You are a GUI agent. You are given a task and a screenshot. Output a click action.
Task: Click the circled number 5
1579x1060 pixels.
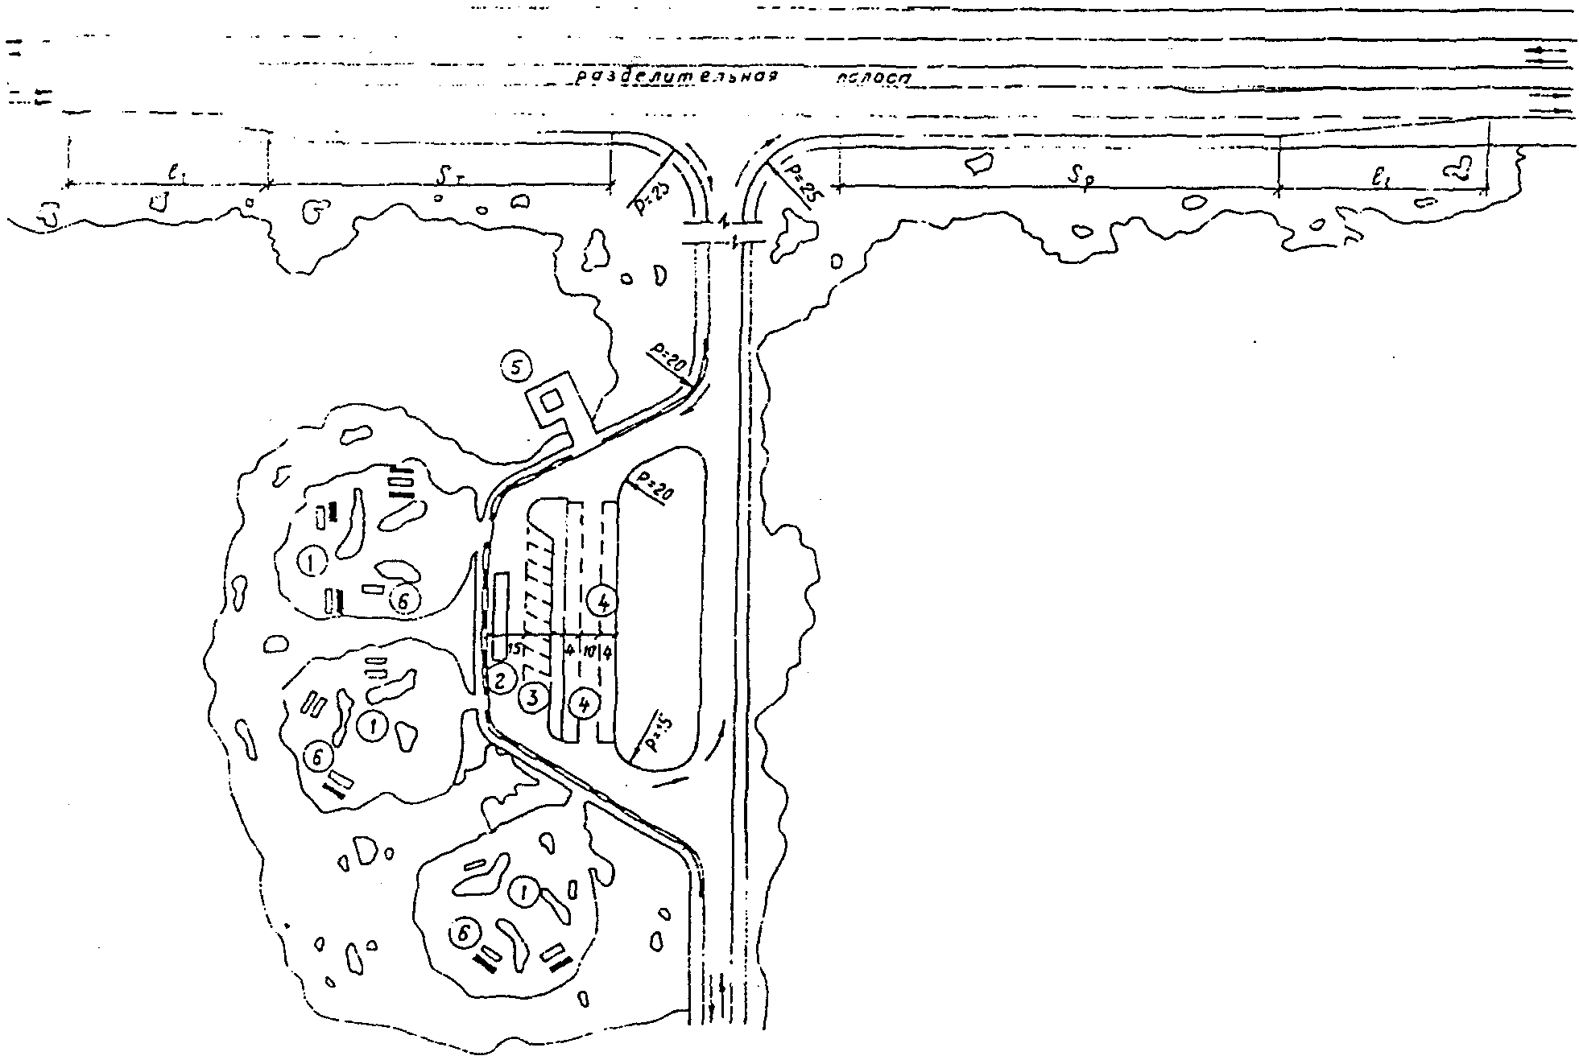click(x=516, y=368)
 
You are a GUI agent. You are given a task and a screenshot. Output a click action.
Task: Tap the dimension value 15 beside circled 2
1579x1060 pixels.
click(x=515, y=649)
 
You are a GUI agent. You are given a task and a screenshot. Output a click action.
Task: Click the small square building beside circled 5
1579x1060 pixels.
click(x=552, y=400)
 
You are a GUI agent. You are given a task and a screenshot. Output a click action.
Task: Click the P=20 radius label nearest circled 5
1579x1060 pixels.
click(x=667, y=354)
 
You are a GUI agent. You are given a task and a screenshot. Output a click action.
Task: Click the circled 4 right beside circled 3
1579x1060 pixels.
click(x=584, y=703)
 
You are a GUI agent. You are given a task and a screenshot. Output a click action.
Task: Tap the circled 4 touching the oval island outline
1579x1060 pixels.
click(x=602, y=600)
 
